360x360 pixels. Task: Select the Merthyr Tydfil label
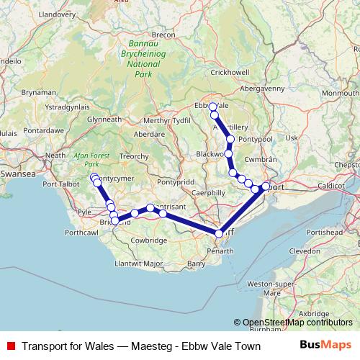pos(166,120)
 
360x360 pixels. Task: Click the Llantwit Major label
pos(143,264)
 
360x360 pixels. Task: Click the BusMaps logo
pos(325,346)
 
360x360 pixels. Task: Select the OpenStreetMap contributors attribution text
pos(297,323)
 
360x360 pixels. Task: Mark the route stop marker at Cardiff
pos(219,233)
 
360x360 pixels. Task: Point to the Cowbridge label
pos(149,240)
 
